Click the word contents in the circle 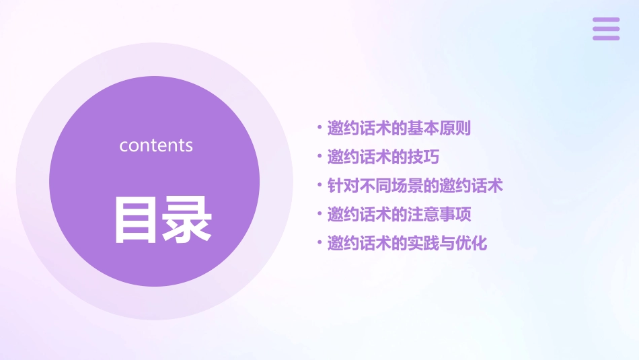[156, 145]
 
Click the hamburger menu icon [605, 29]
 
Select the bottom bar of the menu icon [605, 38]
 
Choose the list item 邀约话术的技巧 [383, 157]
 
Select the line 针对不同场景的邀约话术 [415, 186]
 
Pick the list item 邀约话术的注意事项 [399, 215]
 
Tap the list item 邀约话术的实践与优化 [407, 244]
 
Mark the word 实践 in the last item [423, 244]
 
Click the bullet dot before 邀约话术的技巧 [319, 157]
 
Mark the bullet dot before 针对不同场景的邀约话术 [319, 186]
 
